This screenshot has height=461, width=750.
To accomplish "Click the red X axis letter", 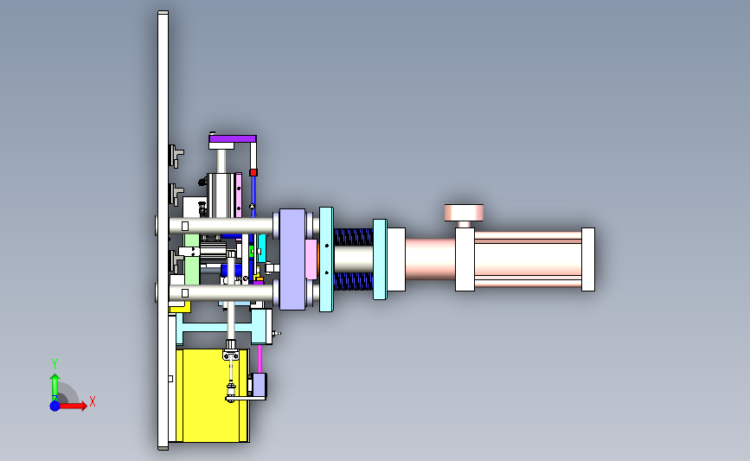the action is click(93, 401).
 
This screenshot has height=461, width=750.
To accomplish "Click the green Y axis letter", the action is click(54, 364).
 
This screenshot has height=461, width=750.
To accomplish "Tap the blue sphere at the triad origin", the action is click(55, 406).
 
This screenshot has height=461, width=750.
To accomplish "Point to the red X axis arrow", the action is click(72, 406).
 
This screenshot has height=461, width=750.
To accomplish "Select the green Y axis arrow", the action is click(55, 387).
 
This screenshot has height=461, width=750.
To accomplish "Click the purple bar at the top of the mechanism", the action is click(233, 138).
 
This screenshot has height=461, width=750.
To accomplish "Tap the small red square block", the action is click(253, 172).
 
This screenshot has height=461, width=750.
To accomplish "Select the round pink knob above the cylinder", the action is click(464, 213).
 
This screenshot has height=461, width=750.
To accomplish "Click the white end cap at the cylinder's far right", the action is click(588, 259).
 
